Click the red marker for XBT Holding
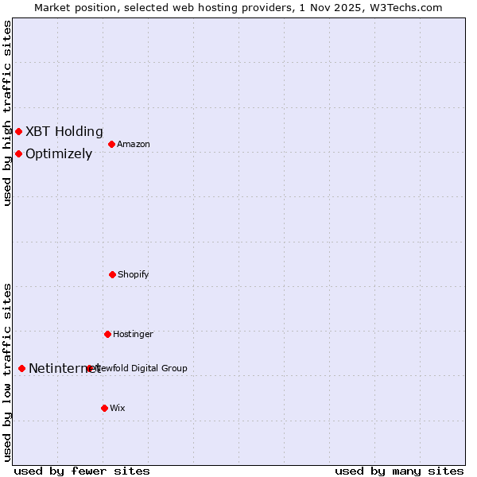tap(18, 131)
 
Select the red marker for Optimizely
tap(18, 153)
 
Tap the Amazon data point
tap(111, 144)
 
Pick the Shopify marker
tap(112, 274)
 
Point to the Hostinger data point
tap(107, 334)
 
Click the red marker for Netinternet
tap(21, 368)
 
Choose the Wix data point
tap(104, 408)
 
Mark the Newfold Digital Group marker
tap(90, 368)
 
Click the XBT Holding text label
tap(64, 131)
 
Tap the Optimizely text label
tap(59, 153)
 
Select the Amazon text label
tap(134, 144)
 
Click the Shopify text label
tap(134, 274)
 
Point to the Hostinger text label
tap(133, 334)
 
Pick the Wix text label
tap(118, 408)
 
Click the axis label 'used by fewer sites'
tap(82, 471)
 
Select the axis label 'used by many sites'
tap(399, 471)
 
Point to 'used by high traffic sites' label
tap(7, 113)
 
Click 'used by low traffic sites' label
tap(7, 372)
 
